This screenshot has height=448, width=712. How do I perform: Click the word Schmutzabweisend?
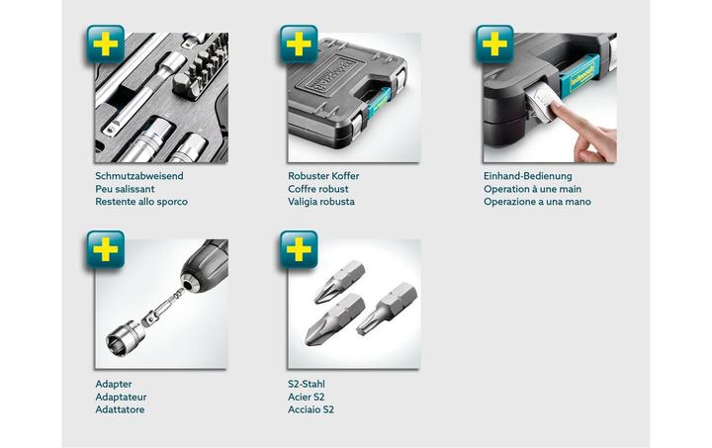coord(139,176)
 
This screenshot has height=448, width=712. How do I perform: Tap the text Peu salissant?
coord(125,189)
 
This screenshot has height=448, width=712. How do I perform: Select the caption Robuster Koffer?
coord(323,176)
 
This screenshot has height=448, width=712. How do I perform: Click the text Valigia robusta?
coord(321,202)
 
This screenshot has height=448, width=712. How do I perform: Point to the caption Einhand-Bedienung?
coord(528,176)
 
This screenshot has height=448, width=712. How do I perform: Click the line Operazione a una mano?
coord(537,202)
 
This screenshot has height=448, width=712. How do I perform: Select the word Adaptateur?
coord(121,397)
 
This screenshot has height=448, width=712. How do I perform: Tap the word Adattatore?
coord(120,409)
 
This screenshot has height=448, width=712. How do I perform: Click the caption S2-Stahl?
coord(307,384)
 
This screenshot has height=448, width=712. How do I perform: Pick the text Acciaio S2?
coord(311,409)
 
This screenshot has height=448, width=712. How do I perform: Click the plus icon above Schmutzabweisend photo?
coord(106,45)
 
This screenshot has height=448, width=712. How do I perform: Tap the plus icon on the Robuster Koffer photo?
coord(299,45)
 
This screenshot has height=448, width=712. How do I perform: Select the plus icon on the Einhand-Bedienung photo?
coord(494,45)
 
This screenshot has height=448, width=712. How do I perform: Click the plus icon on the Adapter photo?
coord(106,249)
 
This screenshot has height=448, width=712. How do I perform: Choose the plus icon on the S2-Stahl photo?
coord(299,249)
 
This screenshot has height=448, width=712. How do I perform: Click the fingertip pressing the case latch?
coord(556,109)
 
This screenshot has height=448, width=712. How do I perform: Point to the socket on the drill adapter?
coord(125,338)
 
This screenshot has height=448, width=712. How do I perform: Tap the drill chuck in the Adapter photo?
coord(204,265)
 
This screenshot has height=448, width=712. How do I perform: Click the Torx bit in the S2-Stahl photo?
coord(387,309)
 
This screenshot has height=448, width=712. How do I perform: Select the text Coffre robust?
coord(317,189)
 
